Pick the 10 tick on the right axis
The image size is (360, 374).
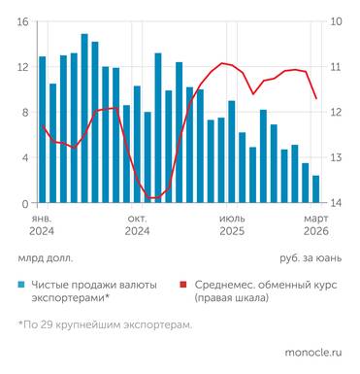pyautogui.click(x=336, y=21)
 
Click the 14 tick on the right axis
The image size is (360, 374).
pyautogui.click(x=336, y=203)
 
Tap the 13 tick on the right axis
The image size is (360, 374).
pyautogui.click(x=336, y=157)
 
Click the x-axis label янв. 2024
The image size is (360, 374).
pyautogui.click(x=42, y=225)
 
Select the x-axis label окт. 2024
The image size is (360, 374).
pyautogui.click(x=137, y=225)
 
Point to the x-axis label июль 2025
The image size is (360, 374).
pyautogui.click(x=232, y=225)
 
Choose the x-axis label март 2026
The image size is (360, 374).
pyautogui.click(x=315, y=225)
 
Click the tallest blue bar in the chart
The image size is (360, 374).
pyautogui.click(x=84, y=119)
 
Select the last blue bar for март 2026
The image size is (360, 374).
pyautogui.click(x=315, y=189)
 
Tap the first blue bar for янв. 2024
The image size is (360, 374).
pyautogui.click(x=42, y=129)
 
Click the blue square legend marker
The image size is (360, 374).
pyautogui.click(x=22, y=285)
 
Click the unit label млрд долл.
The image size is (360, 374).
pyautogui.click(x=45, y=258)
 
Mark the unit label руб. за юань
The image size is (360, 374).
pyautogui.click(x=311, y=258)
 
